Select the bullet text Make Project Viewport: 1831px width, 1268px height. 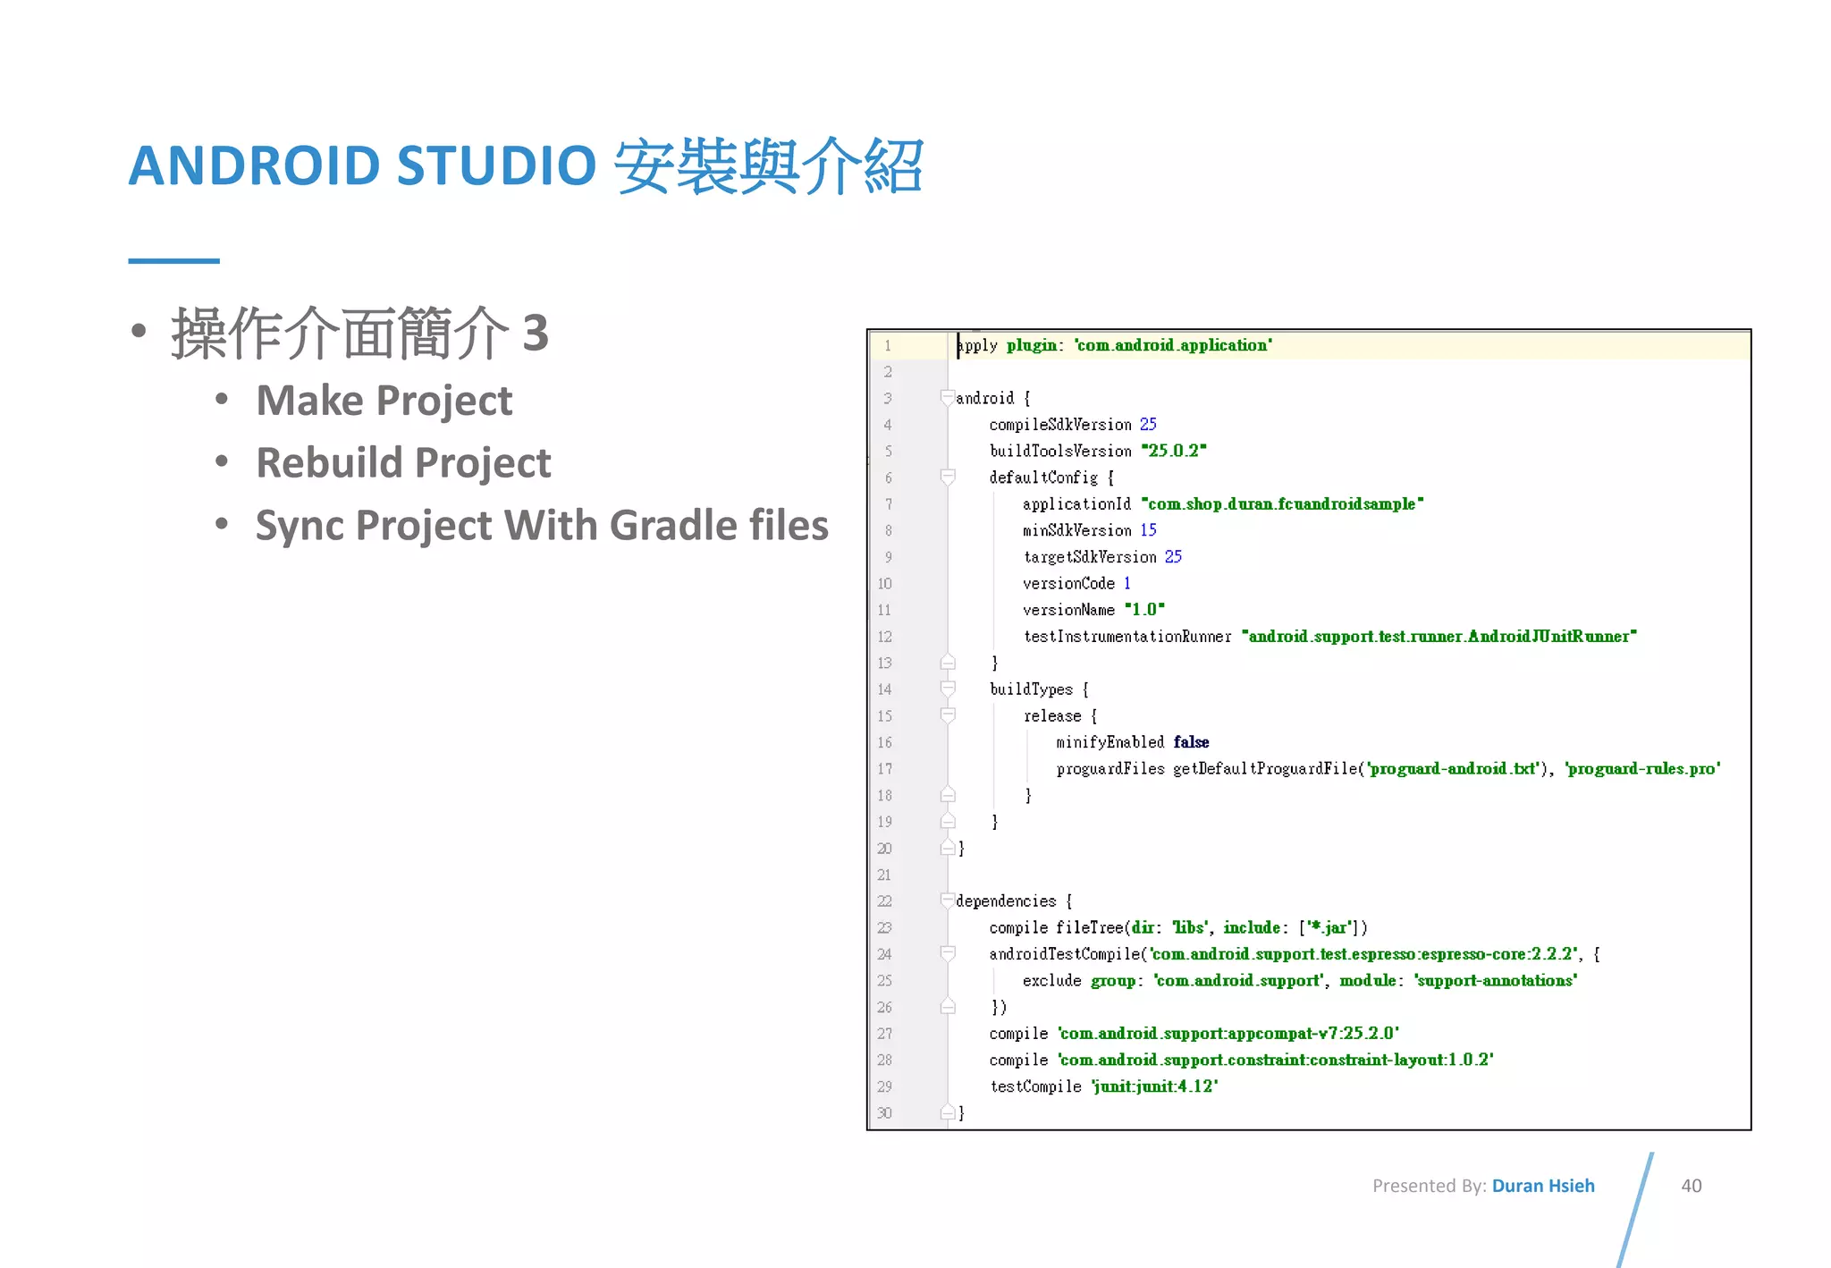click(x=384, y=401)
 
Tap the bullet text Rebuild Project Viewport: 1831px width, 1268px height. click(x=403, y=463)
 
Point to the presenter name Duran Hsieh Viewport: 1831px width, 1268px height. click(x=1542, y=1186)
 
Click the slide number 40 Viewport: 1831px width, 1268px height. click(x=1691, y=1186)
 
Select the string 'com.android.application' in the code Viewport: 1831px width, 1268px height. click(x=1173, y=345)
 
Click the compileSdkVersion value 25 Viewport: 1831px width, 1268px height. click(x=1148, y=425)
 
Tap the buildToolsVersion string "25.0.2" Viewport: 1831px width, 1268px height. click(x=1174, y=451)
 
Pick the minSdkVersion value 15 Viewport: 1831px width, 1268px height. click(x=1148, y=530)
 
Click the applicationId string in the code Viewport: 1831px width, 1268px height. click(x=1282, y=504)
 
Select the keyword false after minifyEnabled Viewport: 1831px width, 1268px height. click(x=1191, y=742)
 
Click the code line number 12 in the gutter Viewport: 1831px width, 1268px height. click(x=884, y=637)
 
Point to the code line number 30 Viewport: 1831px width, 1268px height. click(x=884, y=1113)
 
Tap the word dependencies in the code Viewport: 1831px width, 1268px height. click(x=1006, y=901)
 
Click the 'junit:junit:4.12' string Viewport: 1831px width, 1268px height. click(x=1155, y=1086)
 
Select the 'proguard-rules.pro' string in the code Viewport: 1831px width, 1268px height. click(x=1642, y=769)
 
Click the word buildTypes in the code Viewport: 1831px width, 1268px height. click(x=1031, y=689)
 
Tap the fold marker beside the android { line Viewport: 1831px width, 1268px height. click(x=948, y=398)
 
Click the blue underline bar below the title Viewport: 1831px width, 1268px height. click(x=173, y=261)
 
